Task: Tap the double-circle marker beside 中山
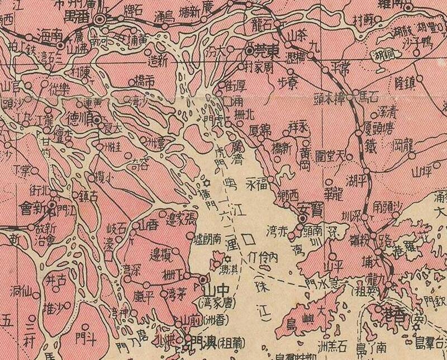[x=202, y=278]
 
